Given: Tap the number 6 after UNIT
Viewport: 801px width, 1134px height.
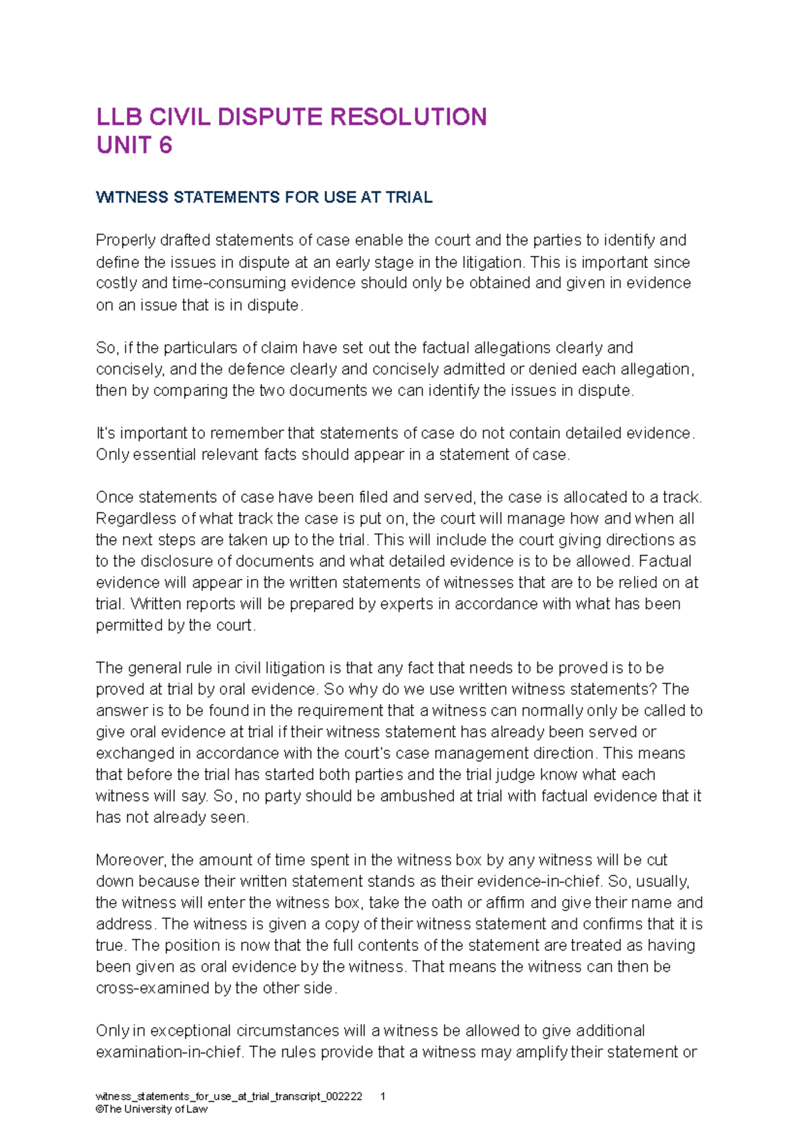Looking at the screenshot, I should tap(166, 145).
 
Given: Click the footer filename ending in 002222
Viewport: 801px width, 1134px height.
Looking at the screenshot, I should tap(229, 1097).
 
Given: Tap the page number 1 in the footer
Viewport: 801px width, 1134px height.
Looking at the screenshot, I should tap(382, 1097).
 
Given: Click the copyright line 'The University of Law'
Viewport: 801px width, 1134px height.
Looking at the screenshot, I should tap(152, 1109).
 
